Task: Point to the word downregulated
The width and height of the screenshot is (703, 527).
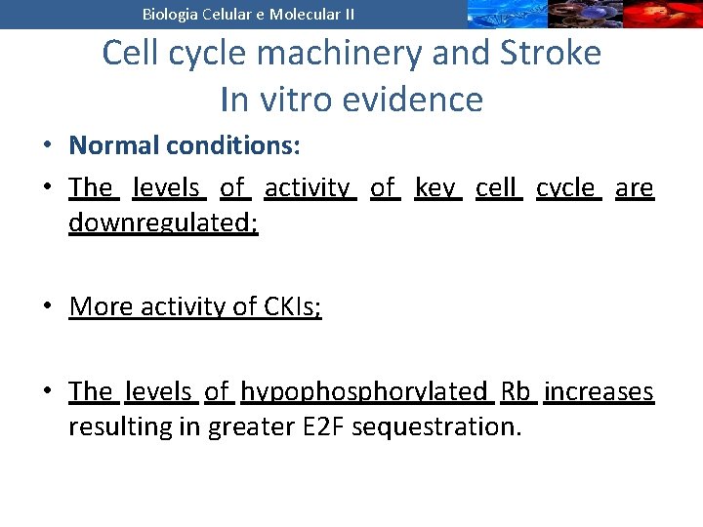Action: click(x=163, y=223)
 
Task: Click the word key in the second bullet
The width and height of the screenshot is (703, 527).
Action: click(x=437, y=187)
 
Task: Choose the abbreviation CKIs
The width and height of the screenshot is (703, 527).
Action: click(x=291, y=306)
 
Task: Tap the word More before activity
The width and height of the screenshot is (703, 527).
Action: click(x=102, y=306)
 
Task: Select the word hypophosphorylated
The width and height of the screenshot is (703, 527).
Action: click(x=363, y=391)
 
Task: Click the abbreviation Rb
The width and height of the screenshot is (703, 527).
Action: click(x=515, y=391)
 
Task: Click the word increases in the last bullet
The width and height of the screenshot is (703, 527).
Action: click(x=599, y=391)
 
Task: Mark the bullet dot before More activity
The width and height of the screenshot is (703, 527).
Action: click(x=47, y=307)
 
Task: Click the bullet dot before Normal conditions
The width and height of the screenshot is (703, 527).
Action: click(x=47, y=146)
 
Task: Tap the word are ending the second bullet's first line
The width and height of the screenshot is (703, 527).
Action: click(x=634, y=187)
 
